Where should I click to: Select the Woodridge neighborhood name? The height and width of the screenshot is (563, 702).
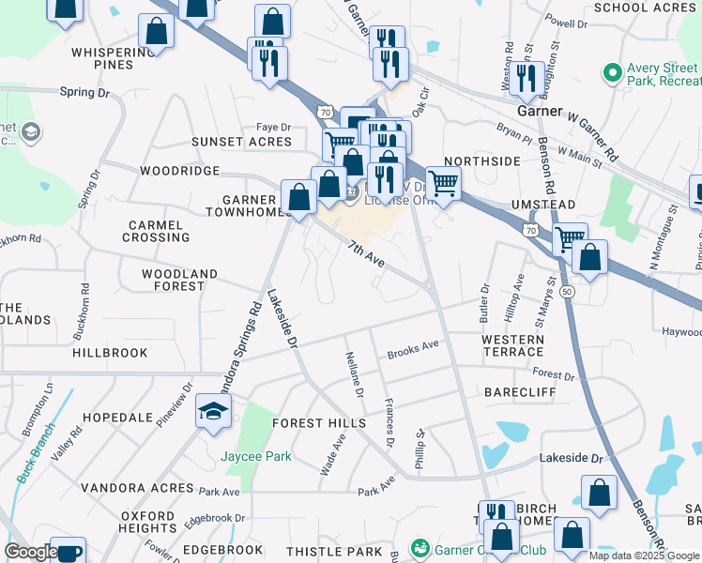tap(179, 172)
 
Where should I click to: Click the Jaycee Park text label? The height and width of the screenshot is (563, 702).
tap(256, 457)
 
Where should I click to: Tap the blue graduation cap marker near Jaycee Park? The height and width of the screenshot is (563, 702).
tap(214, 413)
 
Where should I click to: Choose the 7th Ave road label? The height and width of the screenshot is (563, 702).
tap(367, 254)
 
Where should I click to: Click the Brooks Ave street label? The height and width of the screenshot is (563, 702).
tap(414, 349)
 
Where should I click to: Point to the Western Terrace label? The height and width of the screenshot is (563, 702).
tap(512, 345)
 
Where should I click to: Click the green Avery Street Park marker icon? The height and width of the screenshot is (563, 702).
tap(612, 72)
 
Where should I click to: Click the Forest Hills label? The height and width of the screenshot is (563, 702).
tap(319, 423)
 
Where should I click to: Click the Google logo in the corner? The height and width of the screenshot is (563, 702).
tap(31, 552)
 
